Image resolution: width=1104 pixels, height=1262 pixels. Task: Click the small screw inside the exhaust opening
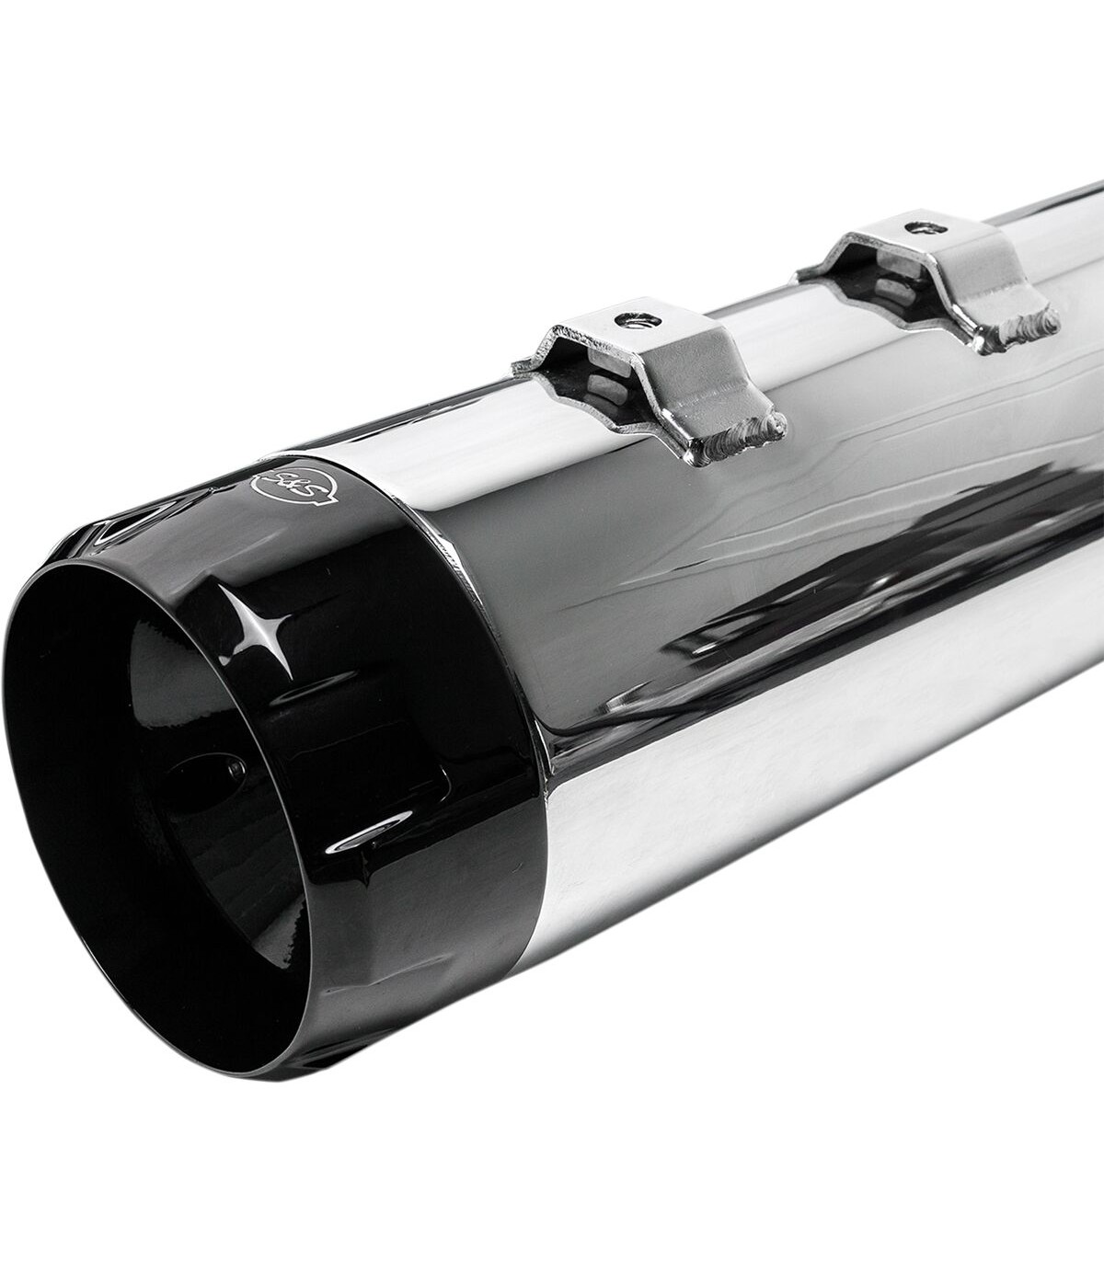point(235,767)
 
